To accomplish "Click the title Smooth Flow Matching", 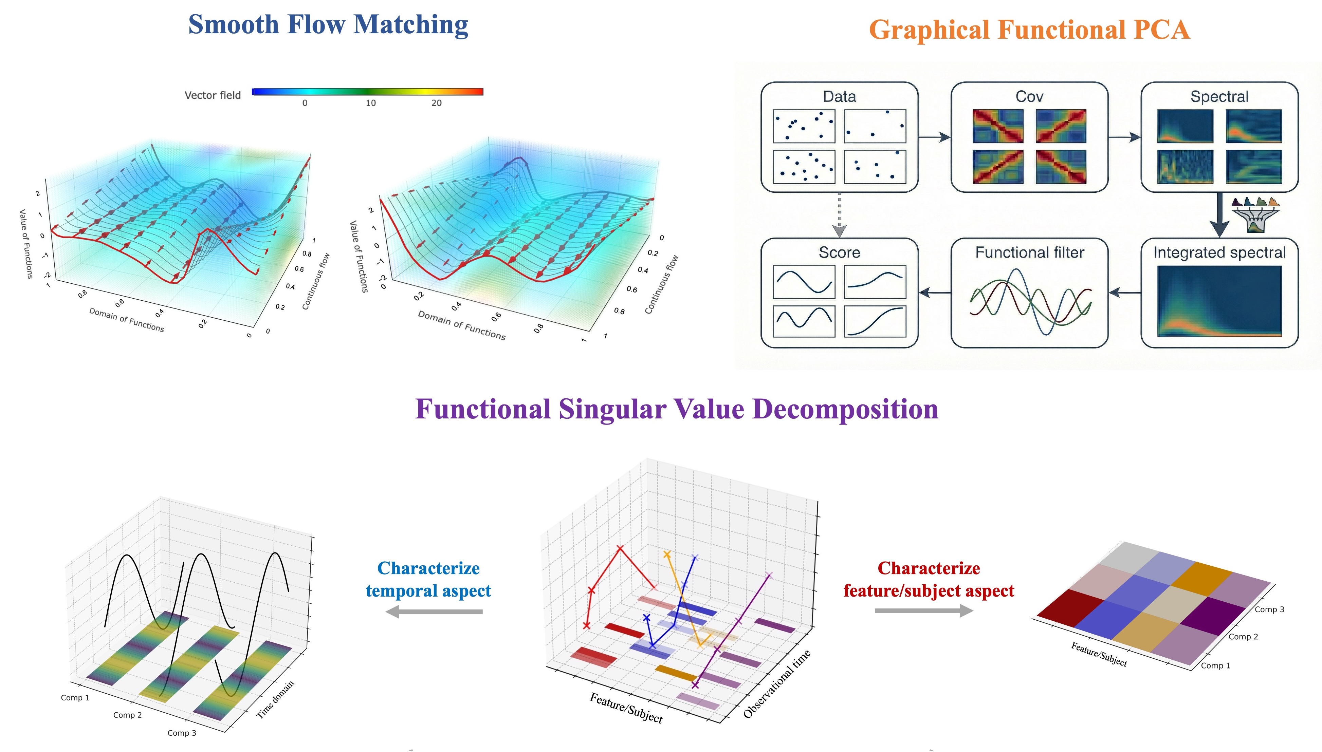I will tap(328, 24).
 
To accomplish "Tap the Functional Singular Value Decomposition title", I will tap(676, 409).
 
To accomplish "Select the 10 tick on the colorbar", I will tap(370, 103).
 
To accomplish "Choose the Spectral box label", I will tap(1219, 97).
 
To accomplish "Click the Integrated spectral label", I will tap(1219, 252).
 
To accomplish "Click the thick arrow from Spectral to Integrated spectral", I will tap(1219, 215).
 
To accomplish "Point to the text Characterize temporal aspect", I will tap(428, 579).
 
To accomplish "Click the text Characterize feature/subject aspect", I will tap(928, 579).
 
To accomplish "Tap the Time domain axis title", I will tap(275, 699).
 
